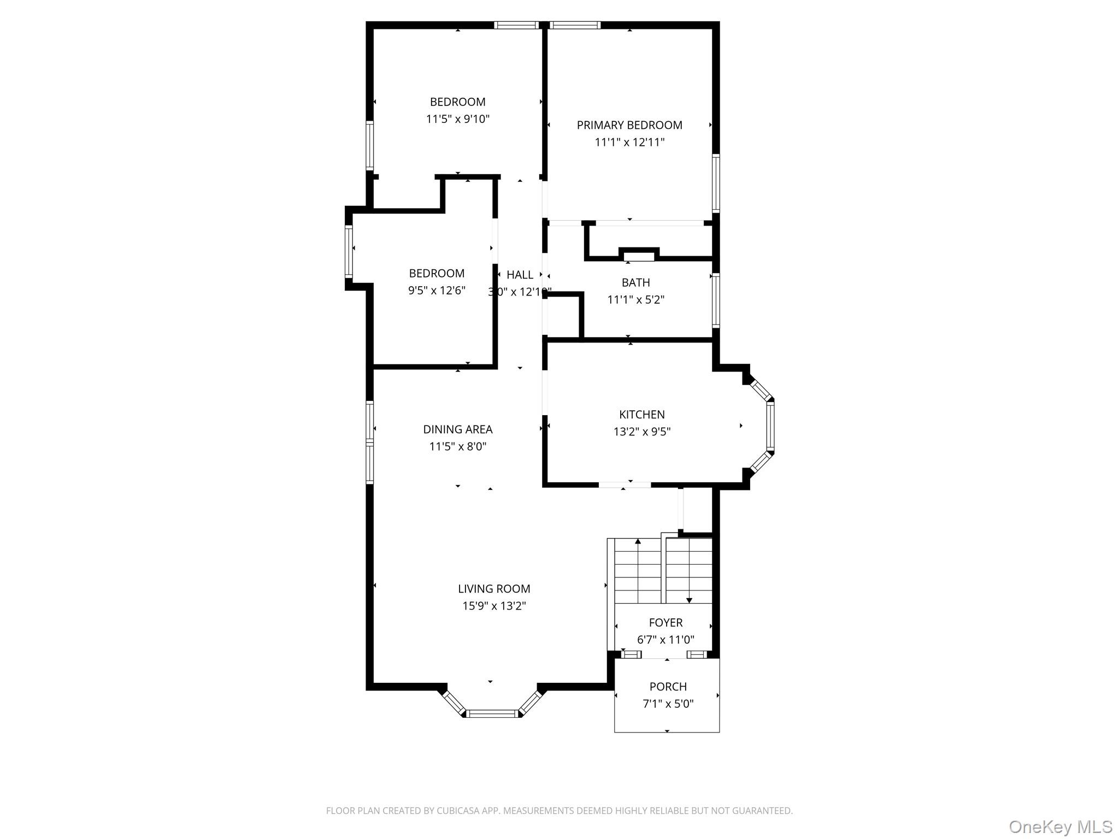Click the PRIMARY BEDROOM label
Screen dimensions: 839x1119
pos(629,125)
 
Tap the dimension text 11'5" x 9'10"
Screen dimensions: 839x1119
pos(457,119)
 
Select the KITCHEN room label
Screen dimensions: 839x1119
pos(641,415)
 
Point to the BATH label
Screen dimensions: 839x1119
pos(635,282)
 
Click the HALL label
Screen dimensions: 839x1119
pos(520,275)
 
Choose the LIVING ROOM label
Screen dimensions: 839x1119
pos(494,589)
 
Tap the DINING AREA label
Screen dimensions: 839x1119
pos(457,429)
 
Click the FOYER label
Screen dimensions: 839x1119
pos(665,623)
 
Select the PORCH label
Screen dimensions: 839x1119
pos(668,687)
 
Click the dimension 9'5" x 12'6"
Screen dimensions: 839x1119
pos(437,291)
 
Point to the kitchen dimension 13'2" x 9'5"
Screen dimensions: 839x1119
pos(641,432)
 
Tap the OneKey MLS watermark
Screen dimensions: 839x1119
pos(1060,826)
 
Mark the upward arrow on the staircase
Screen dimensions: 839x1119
pos(638,542)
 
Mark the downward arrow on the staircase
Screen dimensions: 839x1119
pos(689,600)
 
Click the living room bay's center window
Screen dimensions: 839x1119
pos(492,713)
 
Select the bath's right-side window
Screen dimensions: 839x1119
pos(715,300)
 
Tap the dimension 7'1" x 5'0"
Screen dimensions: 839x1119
pos(668,704)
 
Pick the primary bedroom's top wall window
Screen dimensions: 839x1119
pos(575,25)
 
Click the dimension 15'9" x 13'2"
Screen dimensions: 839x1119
pos(494,606)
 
